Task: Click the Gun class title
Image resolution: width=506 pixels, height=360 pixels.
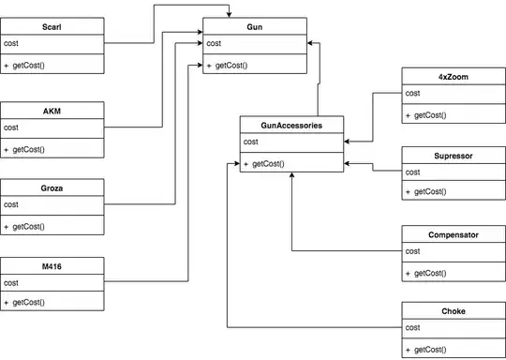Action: tap(254, 27)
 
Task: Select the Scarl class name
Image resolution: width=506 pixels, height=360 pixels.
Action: tap(52, 27)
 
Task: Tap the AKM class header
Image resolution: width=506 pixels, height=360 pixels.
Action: tap(52, 110)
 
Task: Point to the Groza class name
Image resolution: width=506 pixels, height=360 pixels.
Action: tap(52, 187)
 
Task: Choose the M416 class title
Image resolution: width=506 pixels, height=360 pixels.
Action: tap(52, 266)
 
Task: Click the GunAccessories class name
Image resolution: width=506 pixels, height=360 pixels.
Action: tap(291, 124)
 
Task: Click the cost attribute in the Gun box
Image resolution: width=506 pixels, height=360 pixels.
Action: tap(215, 44)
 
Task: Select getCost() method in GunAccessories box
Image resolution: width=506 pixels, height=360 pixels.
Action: tap(267, 164)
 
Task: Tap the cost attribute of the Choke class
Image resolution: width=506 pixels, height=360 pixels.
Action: tap(413, 328)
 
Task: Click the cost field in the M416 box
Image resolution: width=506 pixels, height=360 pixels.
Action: tap(12, 282)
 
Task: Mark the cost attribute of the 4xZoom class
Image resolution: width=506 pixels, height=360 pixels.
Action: tap(413, 93)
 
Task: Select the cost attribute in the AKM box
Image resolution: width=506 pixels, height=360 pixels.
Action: tap(12, 127)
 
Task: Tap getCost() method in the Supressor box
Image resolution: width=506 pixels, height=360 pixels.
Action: tap(427, 193)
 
